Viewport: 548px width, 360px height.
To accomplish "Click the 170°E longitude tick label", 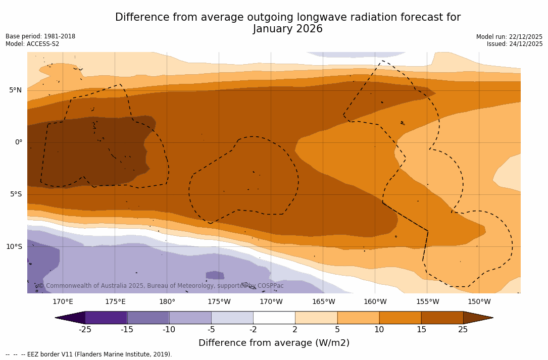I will click(63, 302).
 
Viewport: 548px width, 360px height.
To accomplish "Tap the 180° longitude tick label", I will click(167, 302).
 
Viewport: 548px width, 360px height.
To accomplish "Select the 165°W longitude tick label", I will click(323, 302).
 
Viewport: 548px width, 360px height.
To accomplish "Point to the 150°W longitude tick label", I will click(479, 302).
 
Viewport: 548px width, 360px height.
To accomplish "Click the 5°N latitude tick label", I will click(15, 90).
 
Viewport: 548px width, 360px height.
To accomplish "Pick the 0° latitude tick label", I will click(19, 142).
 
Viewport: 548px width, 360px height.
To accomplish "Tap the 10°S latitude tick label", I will click(14, 247).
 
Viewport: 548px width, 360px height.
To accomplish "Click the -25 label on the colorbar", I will click(85, 330).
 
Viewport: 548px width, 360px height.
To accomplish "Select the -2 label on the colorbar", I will click(253, 330).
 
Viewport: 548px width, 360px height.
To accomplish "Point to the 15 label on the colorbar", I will click(421, 330).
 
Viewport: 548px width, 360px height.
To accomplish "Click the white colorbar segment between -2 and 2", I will click(274, 318).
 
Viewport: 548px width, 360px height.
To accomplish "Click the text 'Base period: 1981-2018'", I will click(40, 36).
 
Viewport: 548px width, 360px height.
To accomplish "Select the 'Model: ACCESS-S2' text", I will click(32, 44).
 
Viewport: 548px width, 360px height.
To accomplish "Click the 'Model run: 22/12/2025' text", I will click(509, 37).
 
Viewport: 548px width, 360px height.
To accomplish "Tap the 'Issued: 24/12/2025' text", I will click(515, 44).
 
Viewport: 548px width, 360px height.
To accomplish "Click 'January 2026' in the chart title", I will click(288, 29).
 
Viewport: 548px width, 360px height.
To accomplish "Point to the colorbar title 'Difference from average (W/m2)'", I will click(274, 343).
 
